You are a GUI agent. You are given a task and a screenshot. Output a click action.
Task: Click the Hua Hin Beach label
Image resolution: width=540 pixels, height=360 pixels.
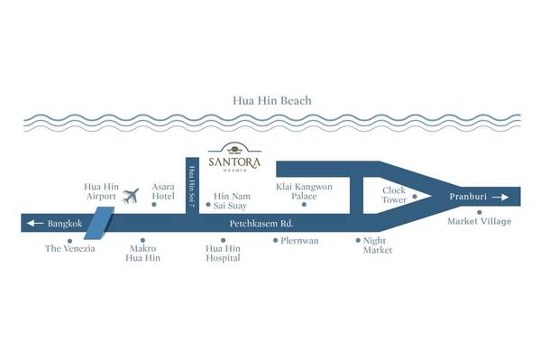tap(272, 101)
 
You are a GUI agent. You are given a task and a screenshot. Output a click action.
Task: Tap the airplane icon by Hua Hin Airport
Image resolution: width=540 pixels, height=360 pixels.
tap(131, 196)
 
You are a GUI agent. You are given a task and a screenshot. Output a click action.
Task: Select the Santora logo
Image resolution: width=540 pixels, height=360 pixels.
tap(234, 157)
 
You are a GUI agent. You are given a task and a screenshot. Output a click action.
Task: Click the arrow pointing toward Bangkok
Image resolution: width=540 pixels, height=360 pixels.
tap(35, 223)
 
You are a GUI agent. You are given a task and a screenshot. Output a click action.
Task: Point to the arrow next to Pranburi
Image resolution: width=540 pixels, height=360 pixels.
tap(500, 197)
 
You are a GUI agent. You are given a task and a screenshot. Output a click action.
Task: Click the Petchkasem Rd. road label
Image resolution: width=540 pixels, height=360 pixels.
tap(261, 224)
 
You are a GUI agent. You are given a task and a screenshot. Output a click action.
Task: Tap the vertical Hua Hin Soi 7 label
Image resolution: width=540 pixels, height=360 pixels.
tap(192, 187)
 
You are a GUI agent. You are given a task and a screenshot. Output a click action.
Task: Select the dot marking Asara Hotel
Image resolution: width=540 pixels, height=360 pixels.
tap(154, 205)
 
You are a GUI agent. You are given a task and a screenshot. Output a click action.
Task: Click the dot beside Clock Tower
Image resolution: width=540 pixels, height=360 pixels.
tap(415, 197)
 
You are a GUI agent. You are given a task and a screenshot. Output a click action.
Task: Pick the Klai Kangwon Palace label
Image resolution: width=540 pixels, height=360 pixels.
tap(304, 191)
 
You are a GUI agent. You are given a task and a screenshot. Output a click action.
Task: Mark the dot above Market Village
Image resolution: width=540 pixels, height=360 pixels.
tap(480, 212)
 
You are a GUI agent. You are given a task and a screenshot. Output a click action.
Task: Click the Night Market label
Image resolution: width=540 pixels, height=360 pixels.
tap(378, 245)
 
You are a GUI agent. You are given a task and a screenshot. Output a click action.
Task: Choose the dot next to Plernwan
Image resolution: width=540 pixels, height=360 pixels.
tap(276, 240)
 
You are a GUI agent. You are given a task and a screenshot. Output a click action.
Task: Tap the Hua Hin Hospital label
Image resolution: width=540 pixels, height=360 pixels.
tap(223, 254)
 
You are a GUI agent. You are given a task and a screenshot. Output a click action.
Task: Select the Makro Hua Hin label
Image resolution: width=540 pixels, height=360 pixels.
tap(143, 254)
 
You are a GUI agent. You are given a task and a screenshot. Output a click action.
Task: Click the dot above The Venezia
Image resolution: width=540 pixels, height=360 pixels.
tap(70, 241)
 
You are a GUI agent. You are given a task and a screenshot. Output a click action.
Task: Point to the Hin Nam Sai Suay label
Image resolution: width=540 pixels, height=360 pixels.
tap(232, 201)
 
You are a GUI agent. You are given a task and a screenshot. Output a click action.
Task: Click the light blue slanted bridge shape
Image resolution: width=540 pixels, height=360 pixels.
tap(99, 223)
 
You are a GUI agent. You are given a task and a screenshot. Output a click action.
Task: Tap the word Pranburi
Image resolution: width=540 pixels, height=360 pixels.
tap(468, 197)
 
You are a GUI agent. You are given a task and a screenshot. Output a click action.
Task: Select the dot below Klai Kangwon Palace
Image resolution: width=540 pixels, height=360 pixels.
tap(304, 205)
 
